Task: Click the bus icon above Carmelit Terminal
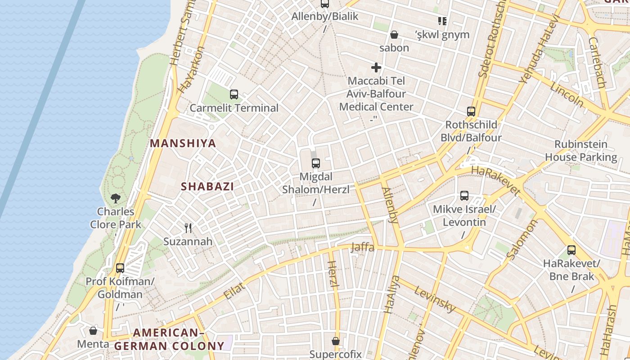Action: click(234, 94)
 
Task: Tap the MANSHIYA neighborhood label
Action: click(183, 144)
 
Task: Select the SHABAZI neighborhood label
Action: click(207, 186)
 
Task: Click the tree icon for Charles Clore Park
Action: click(116, 198)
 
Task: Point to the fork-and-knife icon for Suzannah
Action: click(188, 228)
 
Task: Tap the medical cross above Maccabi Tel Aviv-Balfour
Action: click(376, 68)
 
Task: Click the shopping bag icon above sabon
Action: click(394, 35)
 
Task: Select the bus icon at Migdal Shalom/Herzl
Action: click(316, 163)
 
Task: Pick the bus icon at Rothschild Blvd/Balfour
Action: click(471, 112)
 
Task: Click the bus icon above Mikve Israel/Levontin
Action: click(464, 196)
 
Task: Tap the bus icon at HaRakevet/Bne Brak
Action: click(571, 250)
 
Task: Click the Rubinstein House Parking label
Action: click(581, 151)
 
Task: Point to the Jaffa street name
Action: click(362, 247)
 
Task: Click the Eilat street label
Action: click(234, 290)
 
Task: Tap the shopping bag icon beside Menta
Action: click(93, 331)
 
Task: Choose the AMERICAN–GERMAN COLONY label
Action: click(169, 339)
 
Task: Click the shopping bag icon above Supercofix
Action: click(336, 341)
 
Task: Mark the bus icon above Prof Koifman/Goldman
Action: click(120, 268)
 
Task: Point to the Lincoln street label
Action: click(567, 95)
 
